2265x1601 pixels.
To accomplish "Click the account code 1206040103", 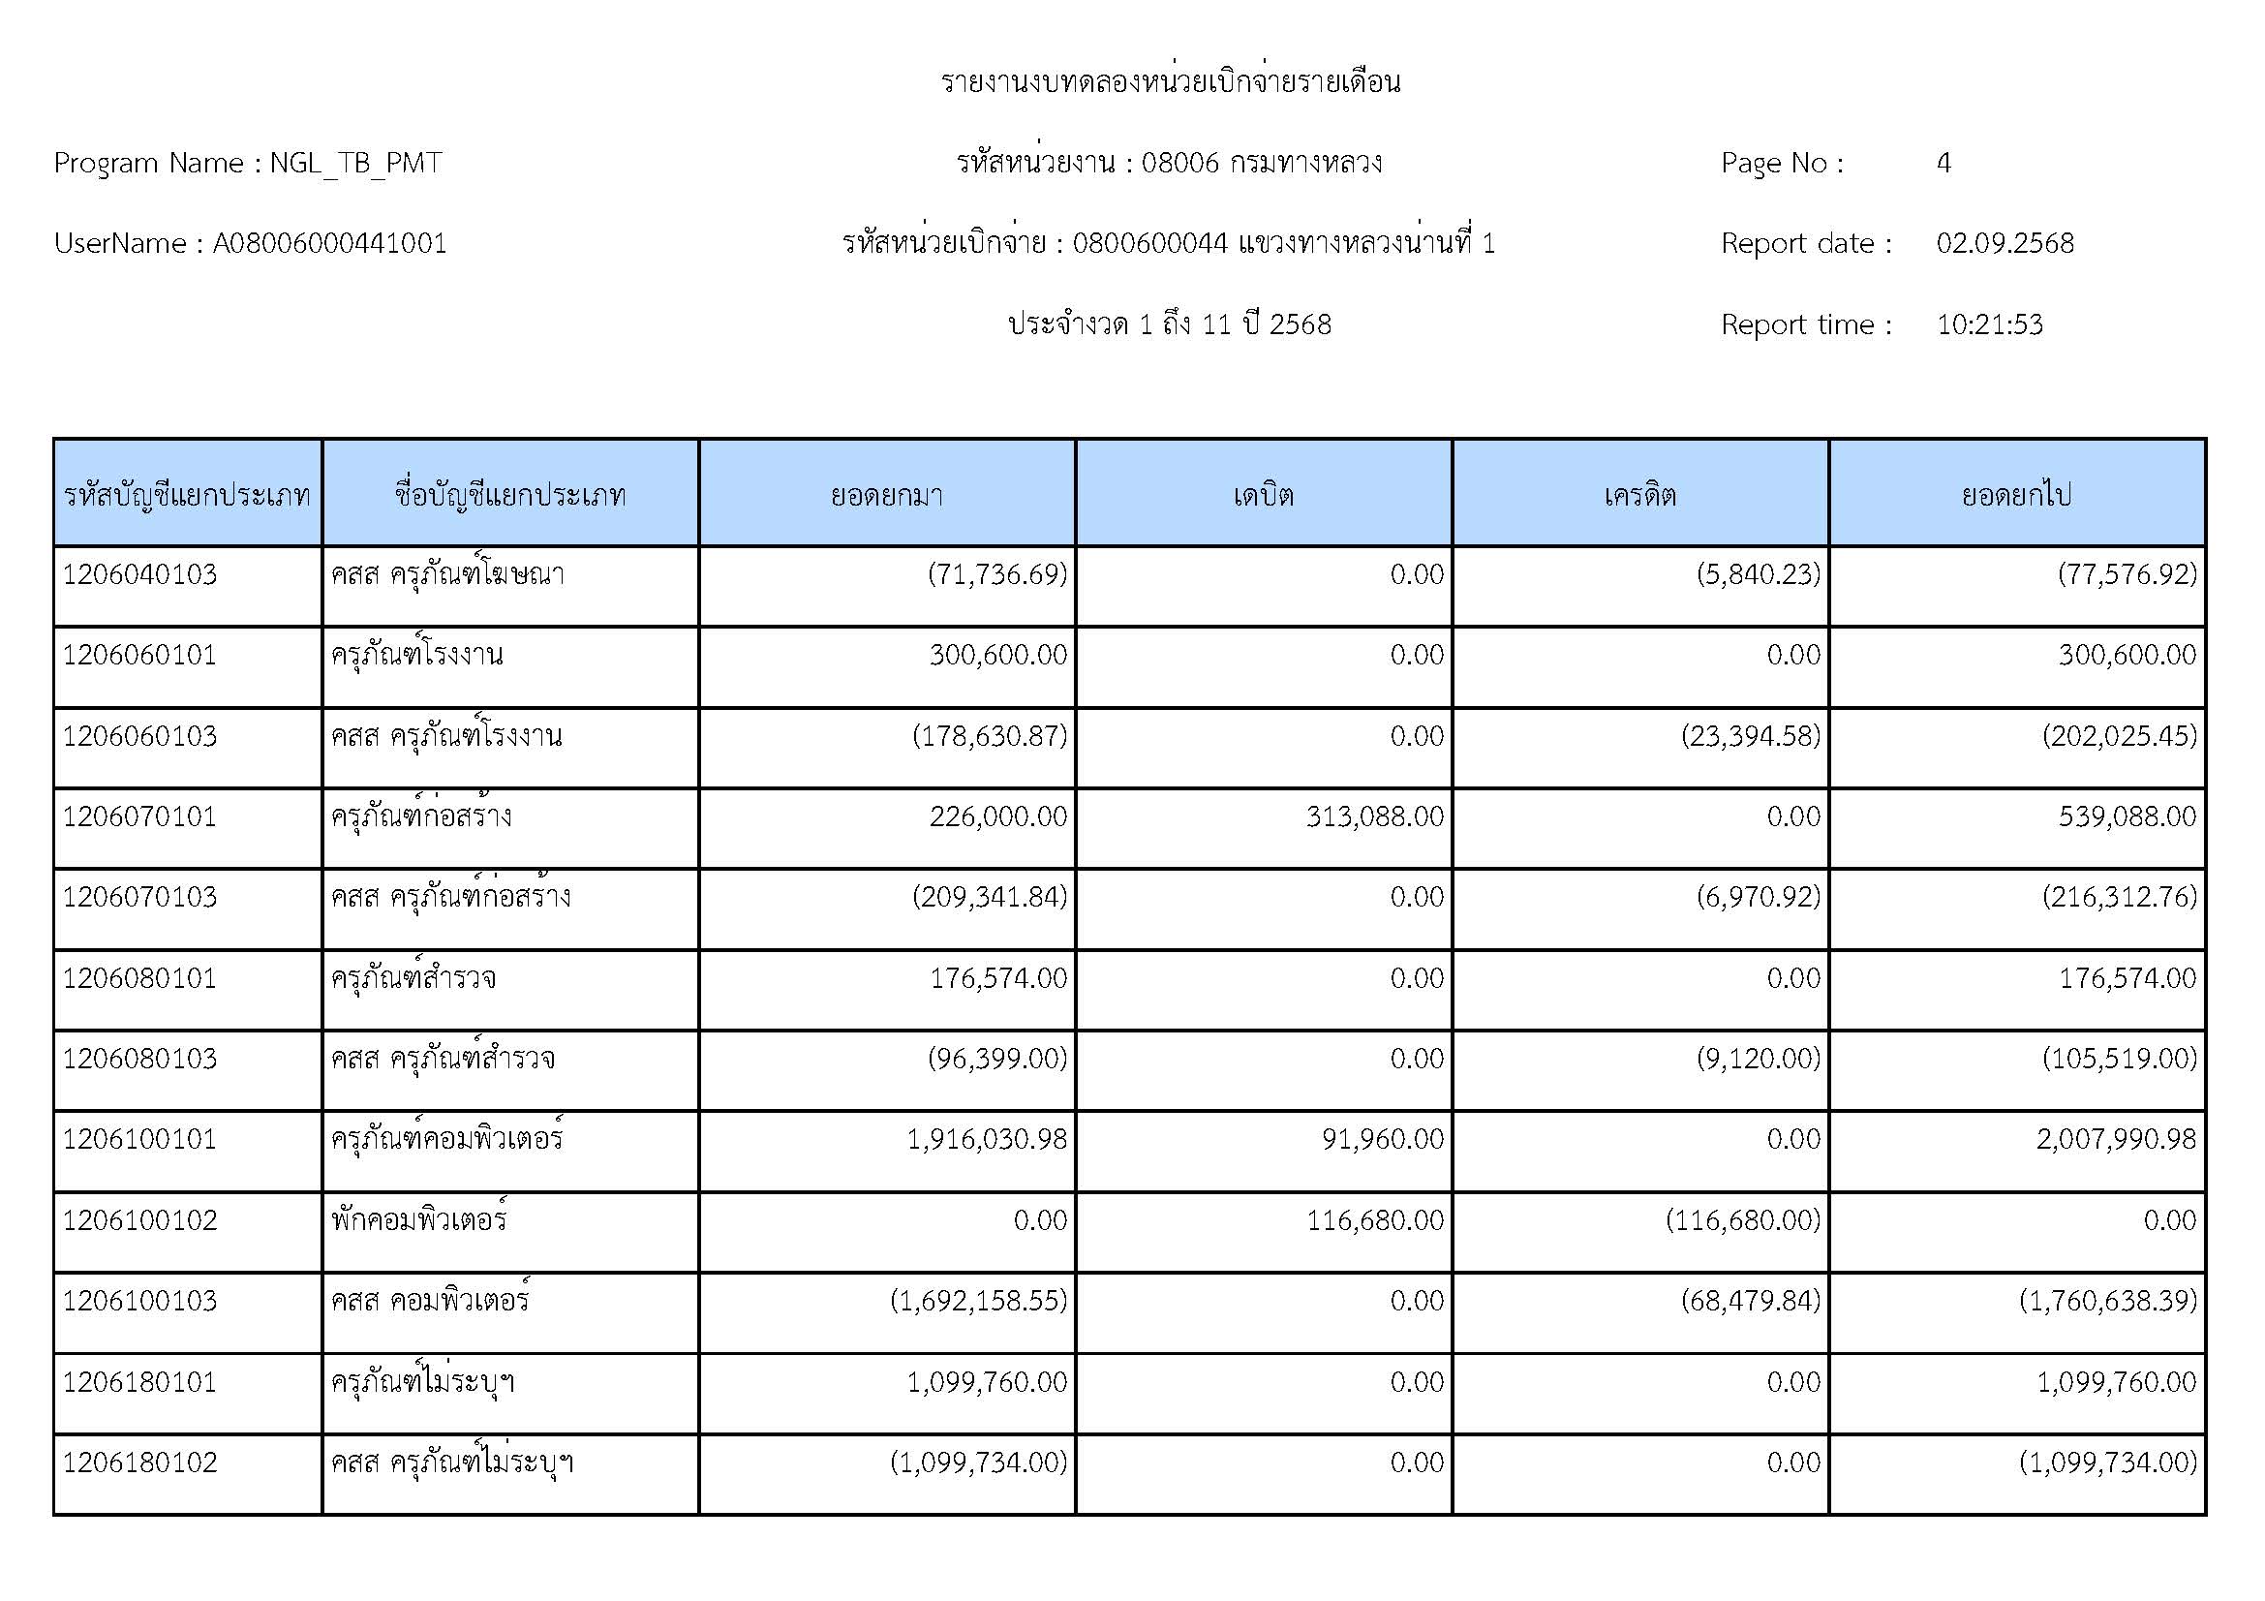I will point(139,574).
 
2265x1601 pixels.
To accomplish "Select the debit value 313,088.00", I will point(1374,816).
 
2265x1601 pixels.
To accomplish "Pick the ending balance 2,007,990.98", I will point(2116,1139).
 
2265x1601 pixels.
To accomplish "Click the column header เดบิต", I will point(1263,494).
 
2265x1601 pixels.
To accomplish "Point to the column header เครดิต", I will point(1639,494).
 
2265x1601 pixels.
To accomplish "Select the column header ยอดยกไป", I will point(2016,494).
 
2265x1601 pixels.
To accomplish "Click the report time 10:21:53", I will point(1989,324).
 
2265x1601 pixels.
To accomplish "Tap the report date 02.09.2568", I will point(2005,244).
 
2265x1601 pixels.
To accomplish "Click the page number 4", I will point(1944,163).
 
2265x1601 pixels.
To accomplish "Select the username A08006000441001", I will point(329,244).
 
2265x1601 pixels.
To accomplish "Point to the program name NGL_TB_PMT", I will point(355,163).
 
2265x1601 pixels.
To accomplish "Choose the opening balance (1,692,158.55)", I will point(979,1301).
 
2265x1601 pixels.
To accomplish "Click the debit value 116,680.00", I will point(1374,1220).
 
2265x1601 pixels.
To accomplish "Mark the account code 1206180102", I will point(139,1462).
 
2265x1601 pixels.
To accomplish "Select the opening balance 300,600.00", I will point(997,655).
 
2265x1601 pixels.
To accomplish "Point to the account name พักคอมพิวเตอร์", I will point(419,1220).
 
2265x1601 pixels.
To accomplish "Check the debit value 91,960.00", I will point(1382,1139).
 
